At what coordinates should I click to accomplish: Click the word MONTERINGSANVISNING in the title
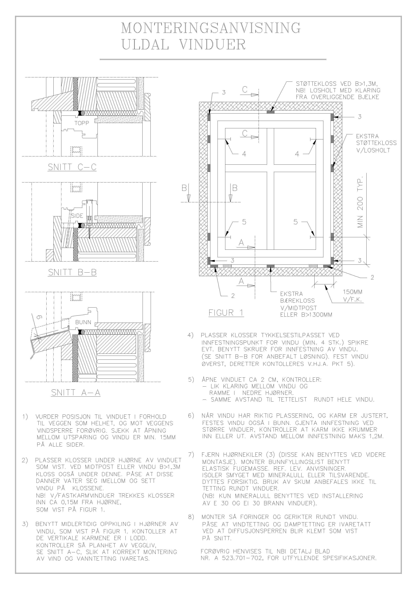click(x=211, y=28)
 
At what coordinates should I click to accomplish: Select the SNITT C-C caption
click(x=72, y=167)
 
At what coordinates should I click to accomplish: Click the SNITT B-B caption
click(x=72, y=272)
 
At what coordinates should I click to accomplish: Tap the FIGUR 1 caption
click(x=226, y=313)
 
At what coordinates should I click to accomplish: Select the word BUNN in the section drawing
click(x=83, y=322)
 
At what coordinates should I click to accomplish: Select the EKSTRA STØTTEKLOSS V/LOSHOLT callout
click(x=376, y=143)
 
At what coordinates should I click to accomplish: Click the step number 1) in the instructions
click(x=25, y=416)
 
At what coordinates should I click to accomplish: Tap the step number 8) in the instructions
click(x=191, y=517)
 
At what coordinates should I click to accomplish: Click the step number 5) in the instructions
click(x=191, y=379)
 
